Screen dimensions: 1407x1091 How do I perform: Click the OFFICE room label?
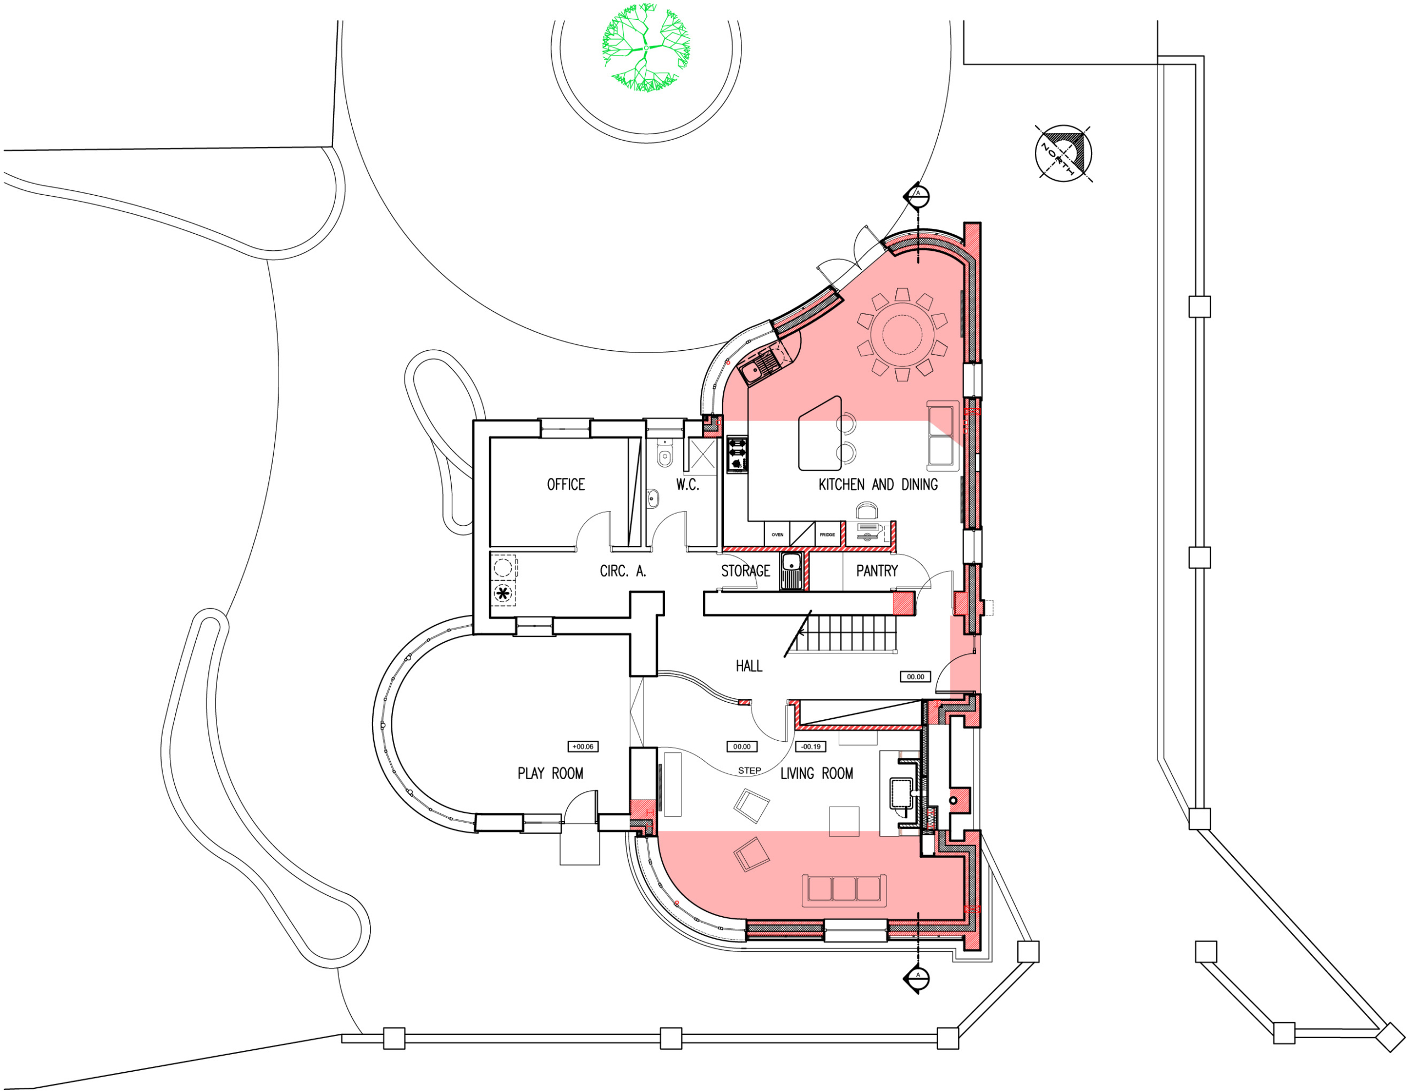(566, 484)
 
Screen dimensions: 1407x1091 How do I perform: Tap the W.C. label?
(688, 484)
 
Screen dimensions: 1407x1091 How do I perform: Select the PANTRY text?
(876, 570)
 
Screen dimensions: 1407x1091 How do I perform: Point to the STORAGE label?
(745, 570)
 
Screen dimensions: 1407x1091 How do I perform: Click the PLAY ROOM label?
(550, 773)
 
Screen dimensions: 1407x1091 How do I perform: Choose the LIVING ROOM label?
(816, 773)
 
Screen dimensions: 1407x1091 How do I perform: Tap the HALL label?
(749, 666)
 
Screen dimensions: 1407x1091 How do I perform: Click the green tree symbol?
(646, 48)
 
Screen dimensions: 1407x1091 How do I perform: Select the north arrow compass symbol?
(1063, 153)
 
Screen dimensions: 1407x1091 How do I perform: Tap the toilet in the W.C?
(664, 456)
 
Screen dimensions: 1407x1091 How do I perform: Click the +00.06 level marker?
(583, 746)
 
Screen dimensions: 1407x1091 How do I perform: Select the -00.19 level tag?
(811, 746)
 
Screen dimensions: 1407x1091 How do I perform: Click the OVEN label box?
(778, 534)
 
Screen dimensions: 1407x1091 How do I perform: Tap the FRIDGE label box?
(828, 534)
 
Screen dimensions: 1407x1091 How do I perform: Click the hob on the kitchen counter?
(737, 454)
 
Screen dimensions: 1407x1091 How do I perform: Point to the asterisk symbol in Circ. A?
(502, 593)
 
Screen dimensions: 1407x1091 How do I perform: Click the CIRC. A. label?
(622, 570)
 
